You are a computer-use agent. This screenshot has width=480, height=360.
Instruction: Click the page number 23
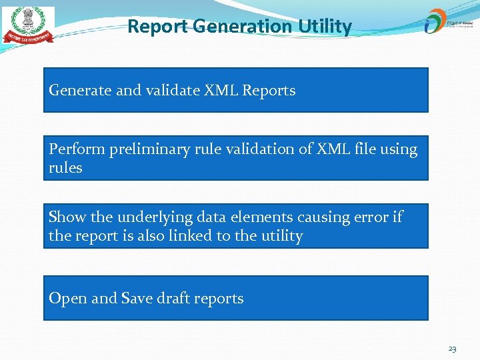452,349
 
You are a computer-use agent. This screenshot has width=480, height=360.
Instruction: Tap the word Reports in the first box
269,91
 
